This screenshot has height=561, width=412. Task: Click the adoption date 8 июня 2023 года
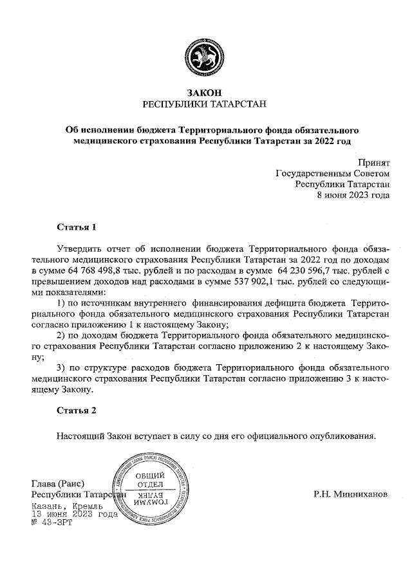[353, 196]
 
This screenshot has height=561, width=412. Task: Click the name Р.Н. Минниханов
[351, 495]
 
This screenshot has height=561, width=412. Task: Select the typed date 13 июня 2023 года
[74, 515]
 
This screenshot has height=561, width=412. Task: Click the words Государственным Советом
[332, 174]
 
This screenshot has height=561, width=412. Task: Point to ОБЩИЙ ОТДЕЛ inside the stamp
[150, 479]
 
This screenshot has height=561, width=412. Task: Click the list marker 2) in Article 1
[62, 335]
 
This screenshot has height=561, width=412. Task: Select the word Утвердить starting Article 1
[80, 248]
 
